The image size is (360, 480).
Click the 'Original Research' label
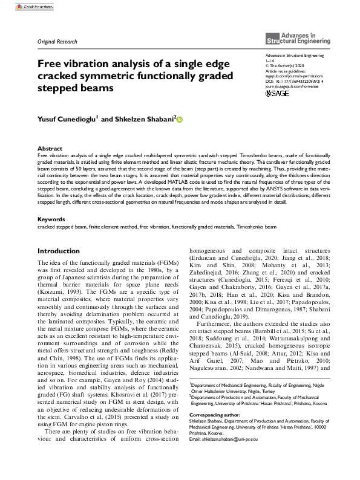[x=57, y=42]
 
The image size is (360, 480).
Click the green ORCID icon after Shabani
[x=179, y=120]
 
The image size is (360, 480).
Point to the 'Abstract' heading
[x=50, y=148]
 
